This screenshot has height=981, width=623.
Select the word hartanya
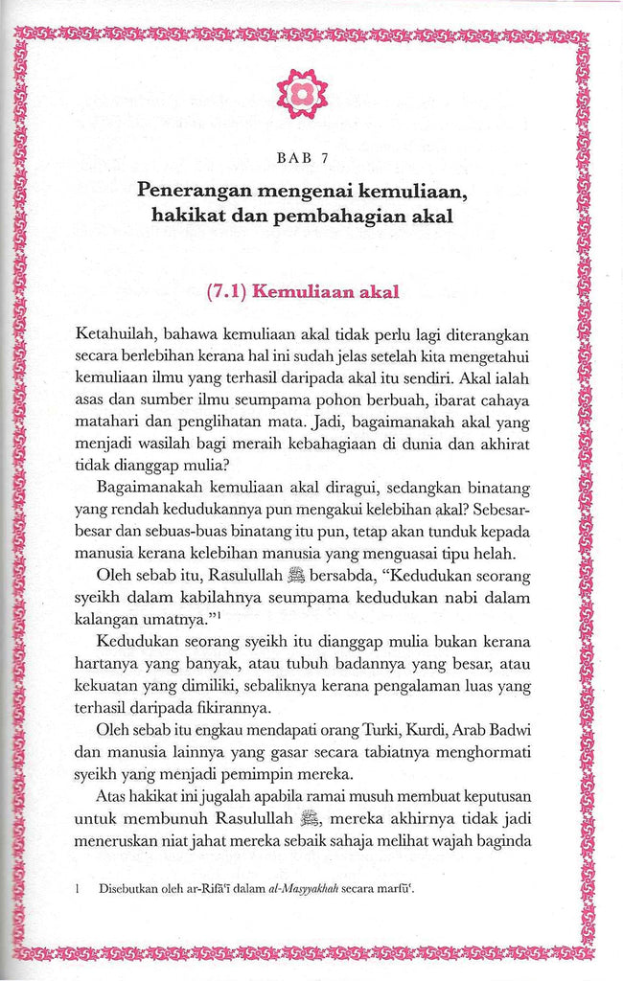(x=110, y=662)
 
